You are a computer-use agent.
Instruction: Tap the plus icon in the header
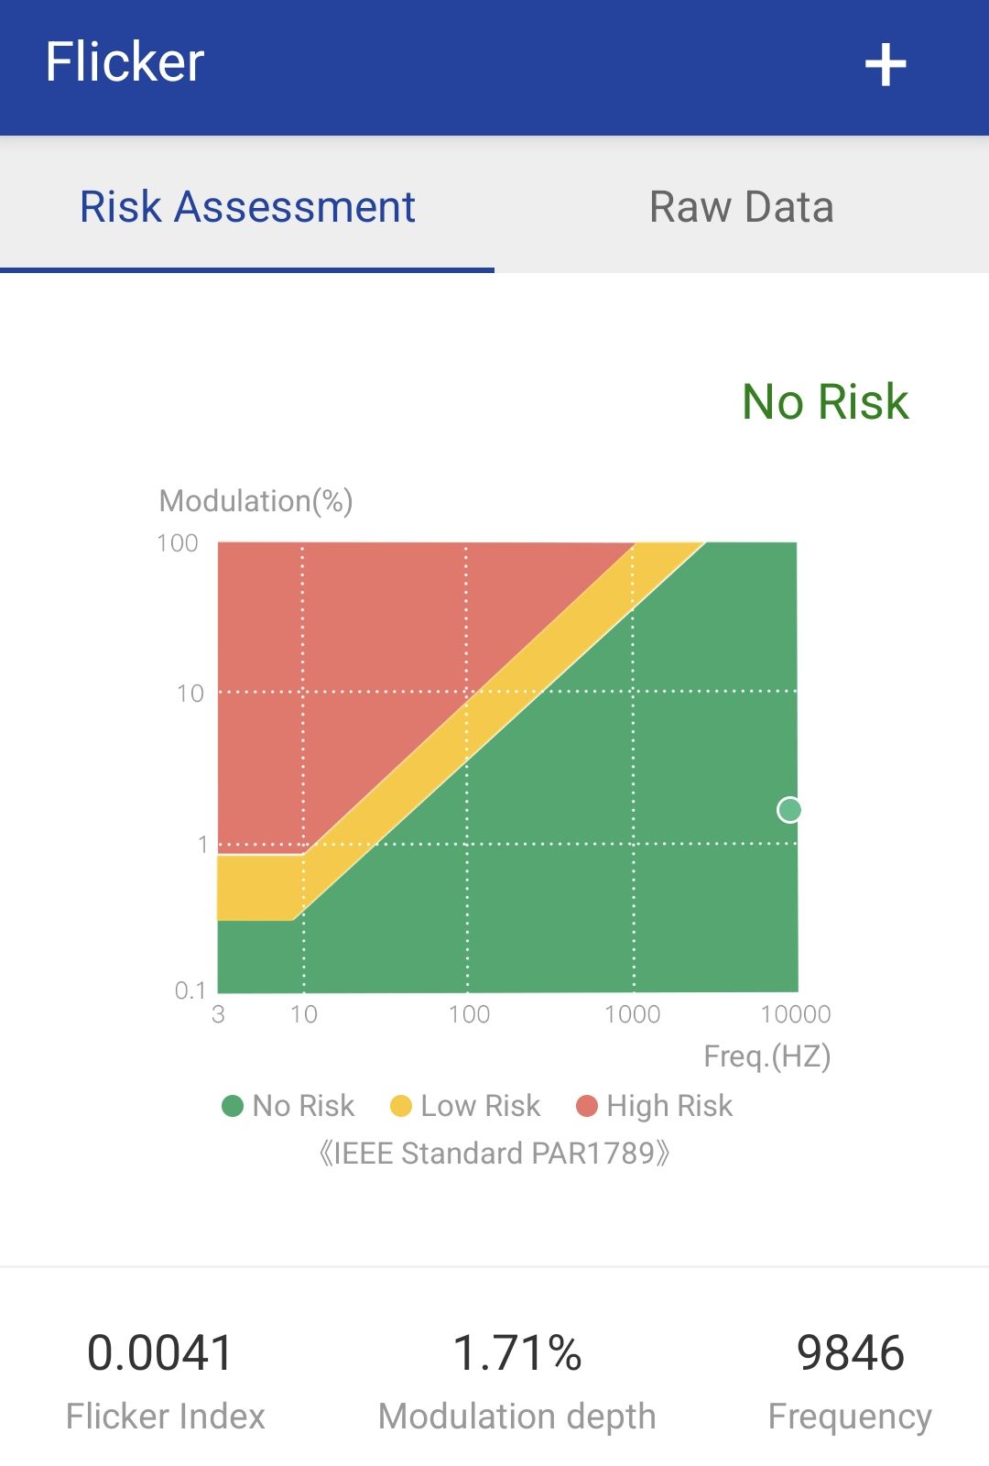tap(885, 64)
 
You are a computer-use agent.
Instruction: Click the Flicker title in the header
tap(125, 61)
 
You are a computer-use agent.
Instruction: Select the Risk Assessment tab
tap(247, 207)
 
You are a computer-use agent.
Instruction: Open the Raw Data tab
tap(741, 207)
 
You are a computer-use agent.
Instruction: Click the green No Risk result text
tap(825, 401)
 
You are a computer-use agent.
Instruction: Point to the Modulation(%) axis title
tap(255, 501)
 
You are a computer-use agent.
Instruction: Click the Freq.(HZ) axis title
tap(766, 1056)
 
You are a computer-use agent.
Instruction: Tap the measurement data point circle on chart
tap(788, 810)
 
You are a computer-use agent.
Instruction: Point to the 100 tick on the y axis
tap(177, 543)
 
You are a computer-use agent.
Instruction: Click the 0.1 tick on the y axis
tap(190, 990)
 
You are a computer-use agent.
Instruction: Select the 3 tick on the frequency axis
tap(218, 1013)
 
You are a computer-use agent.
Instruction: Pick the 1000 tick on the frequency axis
tap(632, 1013)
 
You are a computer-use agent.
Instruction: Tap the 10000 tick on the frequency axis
tap(796, 1013)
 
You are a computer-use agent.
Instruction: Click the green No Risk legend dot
tap(233, 1105)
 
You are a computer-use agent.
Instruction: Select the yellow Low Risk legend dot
tap(400, 1105)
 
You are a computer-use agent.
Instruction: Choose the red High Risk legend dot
tap(587, 1105)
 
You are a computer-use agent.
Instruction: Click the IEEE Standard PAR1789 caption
tap(494, 1154)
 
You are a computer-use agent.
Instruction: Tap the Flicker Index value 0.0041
tap(159, 1352)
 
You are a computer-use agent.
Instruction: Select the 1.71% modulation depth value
tap(516, 1352)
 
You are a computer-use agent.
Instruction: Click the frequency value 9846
tap(851, 1352)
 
